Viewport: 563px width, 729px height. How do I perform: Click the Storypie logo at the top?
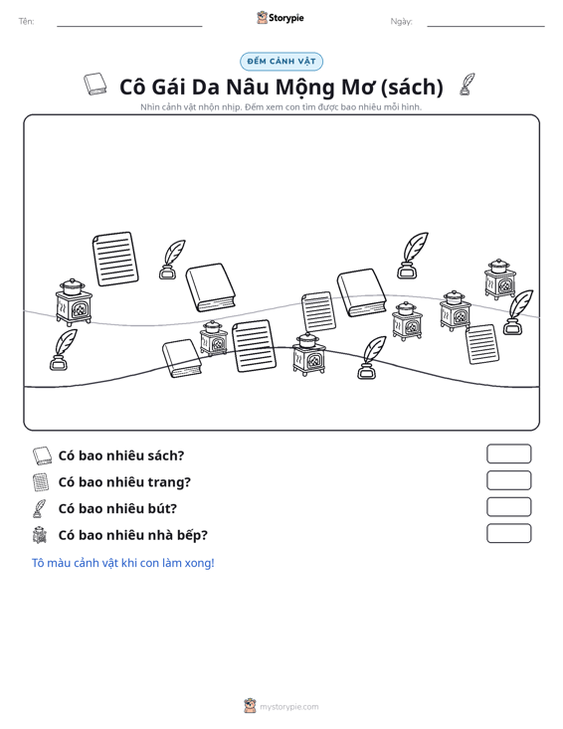[x=281, y=18]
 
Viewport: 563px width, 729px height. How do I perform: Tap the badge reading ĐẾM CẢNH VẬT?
[x=281, y=62]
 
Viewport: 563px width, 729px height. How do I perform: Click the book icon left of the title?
[x=95, y=85]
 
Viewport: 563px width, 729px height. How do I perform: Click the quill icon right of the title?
[x=467, y=85]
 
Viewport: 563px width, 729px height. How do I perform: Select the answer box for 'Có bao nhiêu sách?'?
[x=508, y=454]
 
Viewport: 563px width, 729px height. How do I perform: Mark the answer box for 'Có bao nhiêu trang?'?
[x=508, y=480]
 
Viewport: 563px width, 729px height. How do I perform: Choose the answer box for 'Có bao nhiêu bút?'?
[x=508, y=507]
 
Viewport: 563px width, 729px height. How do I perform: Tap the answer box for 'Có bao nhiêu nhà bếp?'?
[x=508, y=533]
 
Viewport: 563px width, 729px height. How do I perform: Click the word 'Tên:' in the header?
[x=26, y=22]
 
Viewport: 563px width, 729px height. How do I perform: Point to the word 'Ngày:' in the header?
[x=401, y=22]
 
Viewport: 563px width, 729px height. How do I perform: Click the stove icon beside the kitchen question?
[x=40, y=535]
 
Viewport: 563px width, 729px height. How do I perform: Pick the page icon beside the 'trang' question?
[x=41, y=482]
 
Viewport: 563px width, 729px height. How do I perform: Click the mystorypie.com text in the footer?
[x=288, y=707]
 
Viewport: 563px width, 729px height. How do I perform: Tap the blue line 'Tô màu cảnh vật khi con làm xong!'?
[x=122, y=563]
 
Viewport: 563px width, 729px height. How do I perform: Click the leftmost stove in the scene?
[x=74, y=302]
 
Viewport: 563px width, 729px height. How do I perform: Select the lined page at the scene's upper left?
[x=115, y=259]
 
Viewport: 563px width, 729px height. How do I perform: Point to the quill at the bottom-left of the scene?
[x=64, y=350]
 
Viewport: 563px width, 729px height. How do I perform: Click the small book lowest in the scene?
[x=181, y=358]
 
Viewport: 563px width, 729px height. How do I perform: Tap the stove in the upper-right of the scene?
[x=499, y=278]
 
